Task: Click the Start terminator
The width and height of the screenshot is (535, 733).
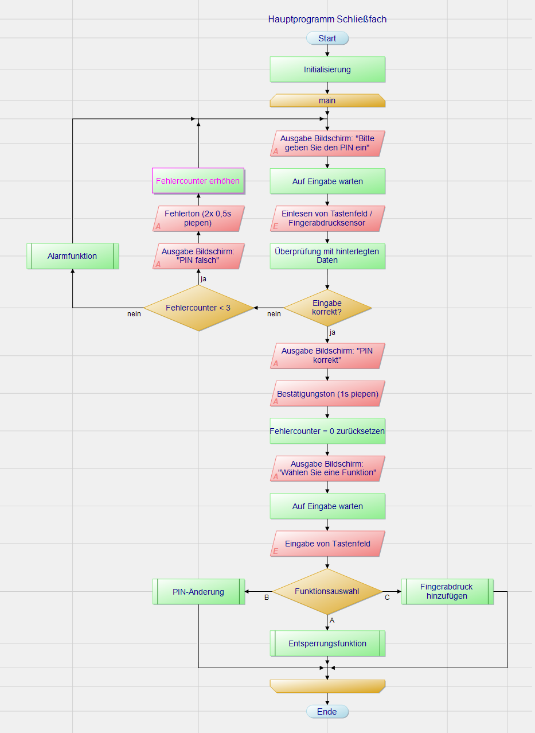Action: pyautogui.click(x=327, y=38)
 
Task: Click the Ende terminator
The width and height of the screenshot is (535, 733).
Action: pyautogui.click(x=327, y=712)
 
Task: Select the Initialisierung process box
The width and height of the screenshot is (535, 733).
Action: pyautogui.click(x=327, y=69)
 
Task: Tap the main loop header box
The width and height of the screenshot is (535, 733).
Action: pyautogui.click(x=327, y=100)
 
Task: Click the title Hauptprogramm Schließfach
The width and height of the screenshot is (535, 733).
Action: pyautogui.click(x=327, y=20)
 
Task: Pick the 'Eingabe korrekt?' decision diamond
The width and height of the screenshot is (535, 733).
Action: pyautogui.click(x=327, y=308)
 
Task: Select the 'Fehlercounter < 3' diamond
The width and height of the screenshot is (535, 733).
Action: pyautogui.click(x=198, y=308)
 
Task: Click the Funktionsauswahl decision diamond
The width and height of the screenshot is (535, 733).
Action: pyautogui.click(x=327, y=592)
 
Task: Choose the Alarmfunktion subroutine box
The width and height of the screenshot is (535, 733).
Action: pyautogui.click(x=72, y=256)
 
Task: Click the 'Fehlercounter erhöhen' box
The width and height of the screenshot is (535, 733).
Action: pyautogui.click(x=198, y=181)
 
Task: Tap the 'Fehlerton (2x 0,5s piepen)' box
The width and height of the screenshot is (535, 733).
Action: pyautogui.click(x=198, y=219)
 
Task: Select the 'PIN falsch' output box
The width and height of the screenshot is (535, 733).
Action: pyautogui.click(x=198, y=256)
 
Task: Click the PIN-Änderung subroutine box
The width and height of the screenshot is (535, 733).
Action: pyautogui.click(x=198, y=592)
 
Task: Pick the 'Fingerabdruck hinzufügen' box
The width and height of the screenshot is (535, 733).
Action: pyautogui.click(x=447, y=592)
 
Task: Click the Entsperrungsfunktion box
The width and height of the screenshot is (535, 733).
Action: pyautogui.click(x=327, y=643)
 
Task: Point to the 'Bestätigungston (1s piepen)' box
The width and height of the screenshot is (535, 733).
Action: pyautogui.click(x=327, y=394)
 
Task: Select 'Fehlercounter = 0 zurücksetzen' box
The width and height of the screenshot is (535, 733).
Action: pyautogui.click(x=327, y=431)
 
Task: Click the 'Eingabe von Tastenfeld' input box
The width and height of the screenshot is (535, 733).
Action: pyautogui.click(x=327, y=544)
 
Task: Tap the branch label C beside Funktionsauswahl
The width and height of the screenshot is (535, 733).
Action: pyautogui.click(x=387, y=598)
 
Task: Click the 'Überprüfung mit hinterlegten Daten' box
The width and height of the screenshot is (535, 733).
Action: pyautogui.click(x=327, y=256)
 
